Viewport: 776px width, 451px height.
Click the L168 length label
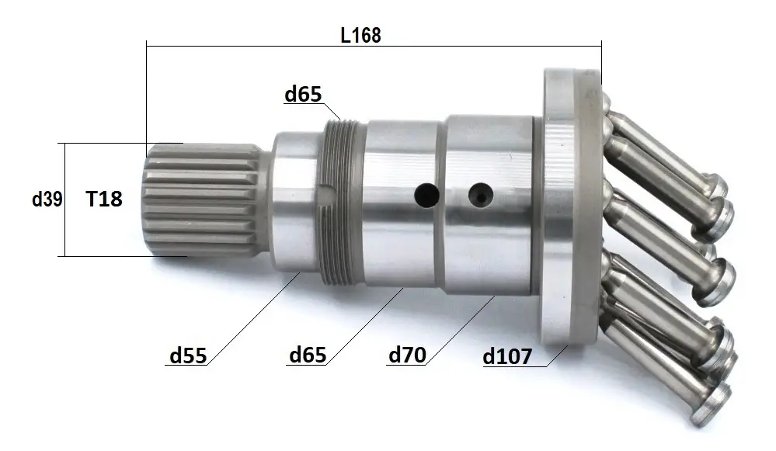coord(360,35)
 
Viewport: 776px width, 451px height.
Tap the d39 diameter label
coord(47,199)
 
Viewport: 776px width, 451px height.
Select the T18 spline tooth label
coord(104,199)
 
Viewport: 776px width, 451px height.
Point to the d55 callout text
coord(188,355)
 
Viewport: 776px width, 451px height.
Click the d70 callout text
coord(407,355)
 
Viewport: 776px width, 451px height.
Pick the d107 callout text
coord(507,356)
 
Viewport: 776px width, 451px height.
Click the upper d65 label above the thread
coord(303,93)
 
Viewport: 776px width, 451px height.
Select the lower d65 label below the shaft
coord(308,355)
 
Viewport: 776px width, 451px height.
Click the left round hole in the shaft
coord(426,196)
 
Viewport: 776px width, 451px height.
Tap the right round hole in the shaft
coord(481,195)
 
